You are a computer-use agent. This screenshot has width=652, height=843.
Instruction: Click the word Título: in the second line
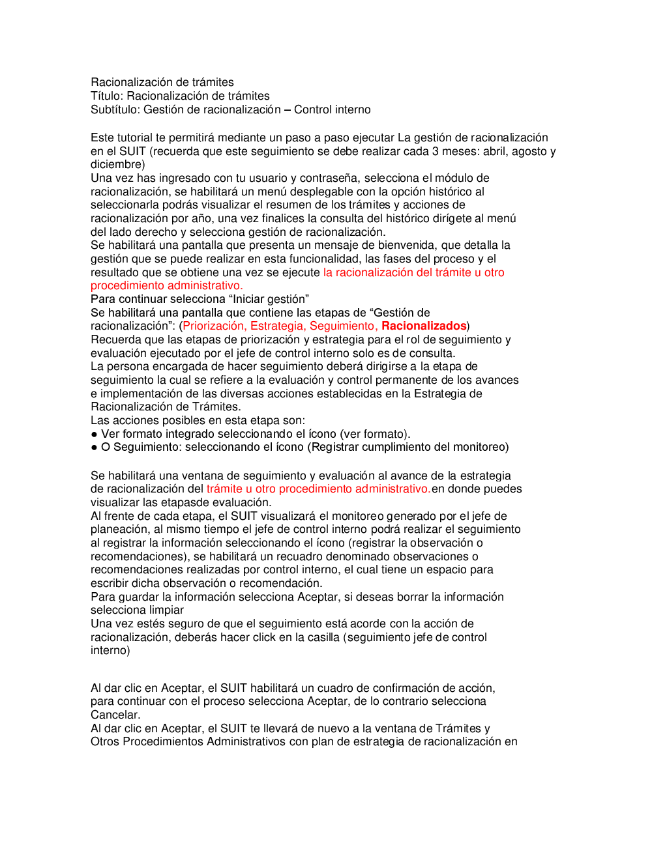click(x=107, y=96)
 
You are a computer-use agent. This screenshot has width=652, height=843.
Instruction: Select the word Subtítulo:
click(x=115, y=109)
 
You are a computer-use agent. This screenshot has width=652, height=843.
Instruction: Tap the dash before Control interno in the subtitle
click(x=288, y=109)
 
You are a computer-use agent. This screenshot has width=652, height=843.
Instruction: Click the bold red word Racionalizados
click(x=424, y=326)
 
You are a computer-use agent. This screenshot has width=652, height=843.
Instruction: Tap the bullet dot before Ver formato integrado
click(x=94, y=434)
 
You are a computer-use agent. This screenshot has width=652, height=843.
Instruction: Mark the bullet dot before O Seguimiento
click(x=94, y=448)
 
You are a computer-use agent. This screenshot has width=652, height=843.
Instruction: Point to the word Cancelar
click(x=115, y=715)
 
